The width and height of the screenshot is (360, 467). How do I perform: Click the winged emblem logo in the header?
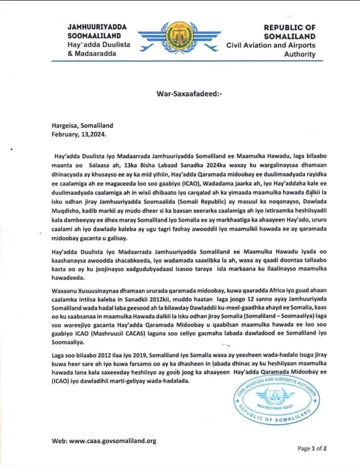179,39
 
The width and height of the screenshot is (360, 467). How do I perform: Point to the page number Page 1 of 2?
312,448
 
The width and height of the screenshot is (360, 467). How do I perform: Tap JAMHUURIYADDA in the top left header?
97,27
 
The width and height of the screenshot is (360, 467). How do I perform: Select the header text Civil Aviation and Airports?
271,45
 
